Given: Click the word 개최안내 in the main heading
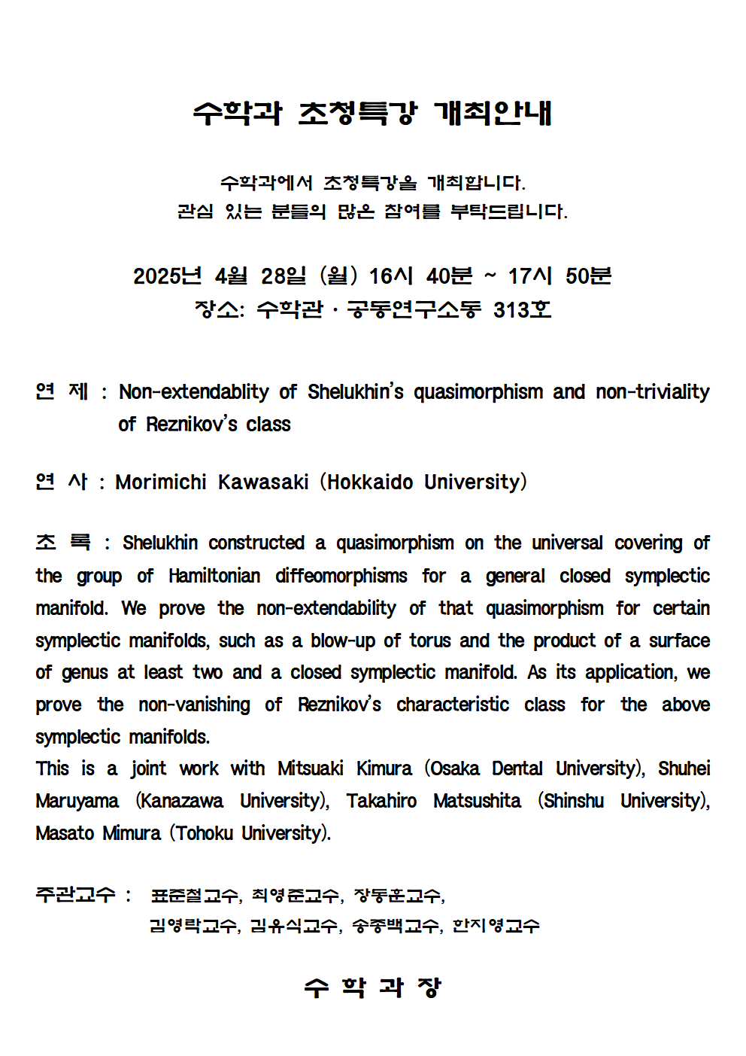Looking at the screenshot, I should (493, 113).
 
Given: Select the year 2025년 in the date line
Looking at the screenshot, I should (167, 276).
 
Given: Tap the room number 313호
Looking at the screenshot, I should (522, 309).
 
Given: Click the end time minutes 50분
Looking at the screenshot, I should (588, 276).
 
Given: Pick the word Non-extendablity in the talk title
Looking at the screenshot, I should (193, 392).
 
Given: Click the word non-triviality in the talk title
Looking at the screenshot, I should (652, 392).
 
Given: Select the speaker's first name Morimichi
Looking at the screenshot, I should (160, 482).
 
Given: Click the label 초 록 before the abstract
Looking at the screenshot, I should (63, 543).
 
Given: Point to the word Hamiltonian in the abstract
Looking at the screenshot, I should (214, 577).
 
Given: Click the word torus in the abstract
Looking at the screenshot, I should (429, 641).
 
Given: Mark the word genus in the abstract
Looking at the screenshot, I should (85, 673).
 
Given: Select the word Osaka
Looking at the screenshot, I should (455, 768).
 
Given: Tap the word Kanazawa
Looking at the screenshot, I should (181, 801).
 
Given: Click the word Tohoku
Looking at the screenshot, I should (205, 833).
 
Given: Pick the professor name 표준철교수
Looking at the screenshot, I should (195, 896).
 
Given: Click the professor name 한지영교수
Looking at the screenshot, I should (496, 926).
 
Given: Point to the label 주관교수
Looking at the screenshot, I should (75, 895).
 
